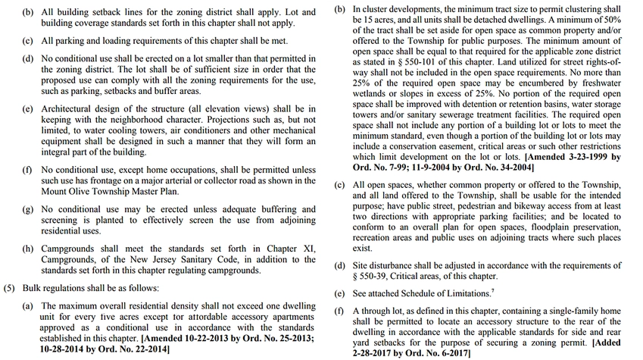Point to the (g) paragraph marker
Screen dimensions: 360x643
tap(27, 208)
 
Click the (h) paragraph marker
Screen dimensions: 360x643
tap(27, 249)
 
